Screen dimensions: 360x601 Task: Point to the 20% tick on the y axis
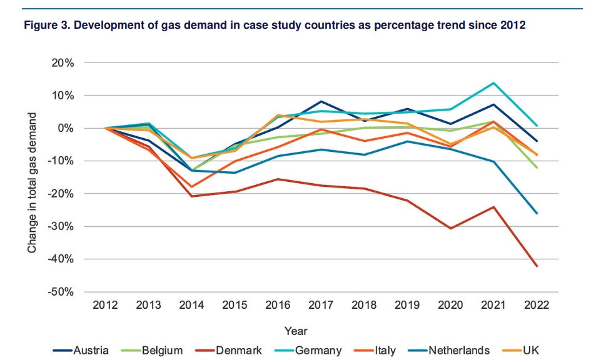point(63,63)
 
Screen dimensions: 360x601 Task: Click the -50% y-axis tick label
point(61,291)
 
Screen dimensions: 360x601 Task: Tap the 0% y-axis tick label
point(65,128)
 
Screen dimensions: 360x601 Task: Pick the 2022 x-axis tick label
point(537,305)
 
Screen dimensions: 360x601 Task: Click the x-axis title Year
point(296,331)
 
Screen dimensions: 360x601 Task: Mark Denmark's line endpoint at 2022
point(537,266)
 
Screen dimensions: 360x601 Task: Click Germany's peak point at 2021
point(493,83)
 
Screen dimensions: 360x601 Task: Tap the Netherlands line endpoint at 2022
point(537,213)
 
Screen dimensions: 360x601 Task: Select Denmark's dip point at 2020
point(450,228)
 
